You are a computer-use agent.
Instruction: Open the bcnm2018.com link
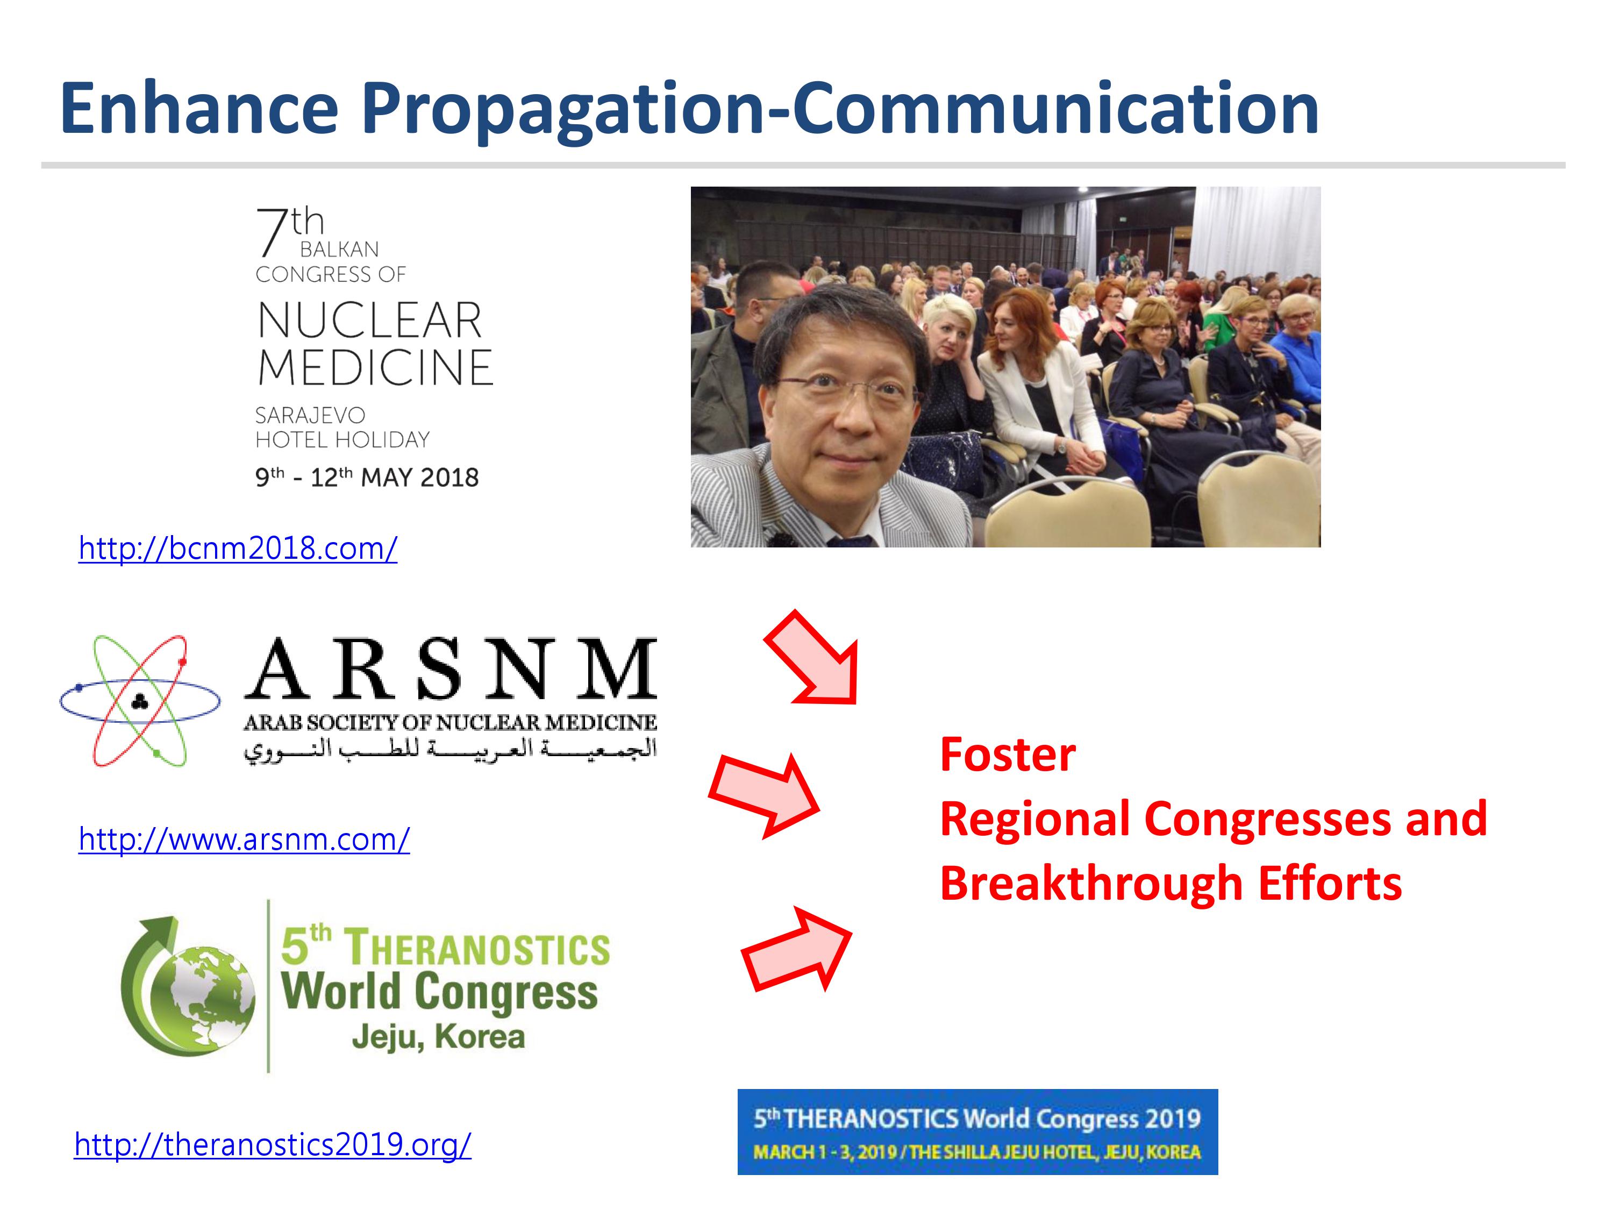[238, 548]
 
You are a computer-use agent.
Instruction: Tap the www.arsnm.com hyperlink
[244, 839]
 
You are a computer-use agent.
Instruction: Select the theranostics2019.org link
[273, 1144]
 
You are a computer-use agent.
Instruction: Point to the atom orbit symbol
[139, 701]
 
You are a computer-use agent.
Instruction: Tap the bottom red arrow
[796, 949]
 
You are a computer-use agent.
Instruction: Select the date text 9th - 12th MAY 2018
[367, 477]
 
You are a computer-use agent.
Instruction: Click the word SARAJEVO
[310, 415]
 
